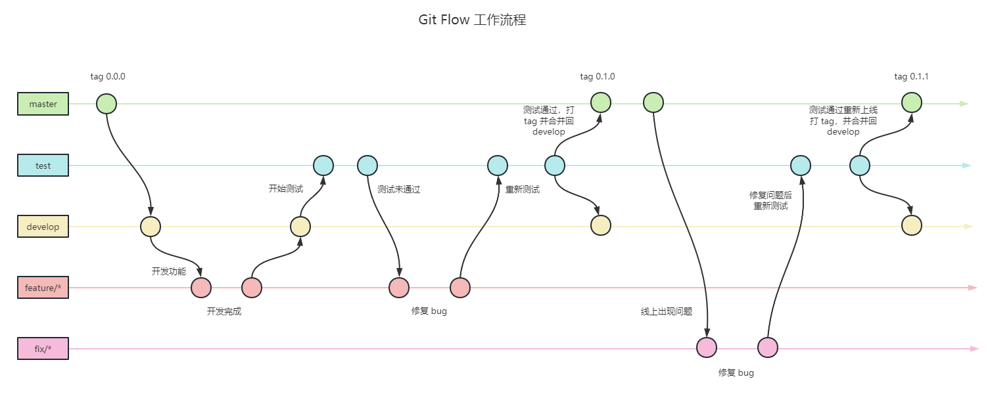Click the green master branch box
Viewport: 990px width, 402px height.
coord(43,104)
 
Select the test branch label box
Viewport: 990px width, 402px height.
coord(43,166)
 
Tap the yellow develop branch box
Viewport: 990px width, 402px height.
coord(43,227)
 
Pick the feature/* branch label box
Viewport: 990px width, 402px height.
coord(43,288)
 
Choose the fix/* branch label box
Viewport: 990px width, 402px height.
coord(43,349)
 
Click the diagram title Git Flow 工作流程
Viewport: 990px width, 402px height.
coord(472,20)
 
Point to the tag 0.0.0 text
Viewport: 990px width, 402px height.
coord(108,76)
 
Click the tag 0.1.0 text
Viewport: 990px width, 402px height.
coord(598,76)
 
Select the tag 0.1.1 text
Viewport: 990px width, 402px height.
coord(911,76)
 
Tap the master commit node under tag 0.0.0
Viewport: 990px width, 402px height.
coord(106,104)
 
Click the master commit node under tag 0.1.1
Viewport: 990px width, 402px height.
coord(911,102)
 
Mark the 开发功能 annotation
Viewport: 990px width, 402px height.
coord(169,271)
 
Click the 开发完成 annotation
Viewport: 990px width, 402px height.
coord(224,311)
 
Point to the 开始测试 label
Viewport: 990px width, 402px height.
coord(286,189)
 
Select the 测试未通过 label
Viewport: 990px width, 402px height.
coord(398,190)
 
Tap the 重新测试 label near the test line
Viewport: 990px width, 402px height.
coord(523,190)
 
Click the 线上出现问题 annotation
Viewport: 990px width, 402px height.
coord(667,311)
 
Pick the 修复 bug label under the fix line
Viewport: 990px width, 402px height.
coord(736,372)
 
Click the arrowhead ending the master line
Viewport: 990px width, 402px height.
coord(964,104)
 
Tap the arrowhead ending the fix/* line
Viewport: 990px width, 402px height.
coord(974,349)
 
